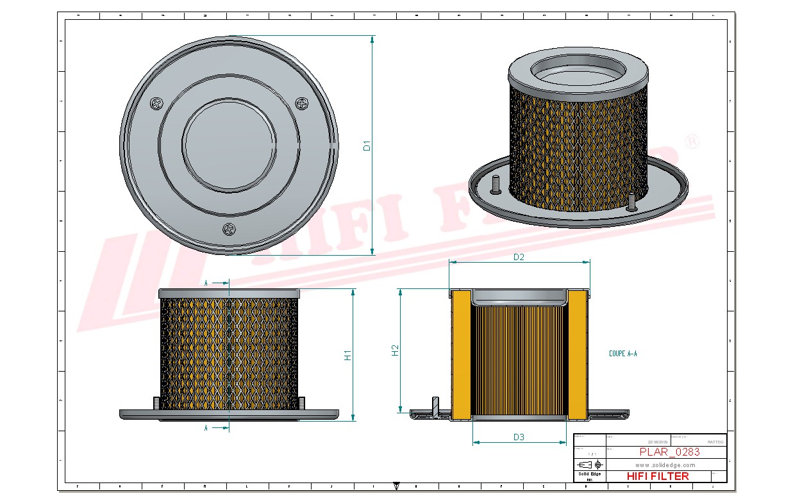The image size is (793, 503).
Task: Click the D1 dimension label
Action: click(x=367, y=145)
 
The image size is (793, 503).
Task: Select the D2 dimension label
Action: click(x=519, y=257)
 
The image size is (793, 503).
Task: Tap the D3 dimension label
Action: click(x=519, y=438)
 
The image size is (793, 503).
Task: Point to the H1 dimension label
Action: click(x=347, y=355)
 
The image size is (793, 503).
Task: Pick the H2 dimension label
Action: click(x=395, y=350)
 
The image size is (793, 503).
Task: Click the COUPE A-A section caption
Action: click(x=622, y=354)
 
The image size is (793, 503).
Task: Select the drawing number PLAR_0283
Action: click(x=669, y=452)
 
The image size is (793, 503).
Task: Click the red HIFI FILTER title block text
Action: click(x=657, y=476)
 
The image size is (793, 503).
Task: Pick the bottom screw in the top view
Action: click(x=229, y=229)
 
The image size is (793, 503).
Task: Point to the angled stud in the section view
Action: click(x=435, y=408)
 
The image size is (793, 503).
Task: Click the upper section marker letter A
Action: click(x=206, y=283)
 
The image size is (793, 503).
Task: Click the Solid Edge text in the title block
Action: click(x=589, y=474)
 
